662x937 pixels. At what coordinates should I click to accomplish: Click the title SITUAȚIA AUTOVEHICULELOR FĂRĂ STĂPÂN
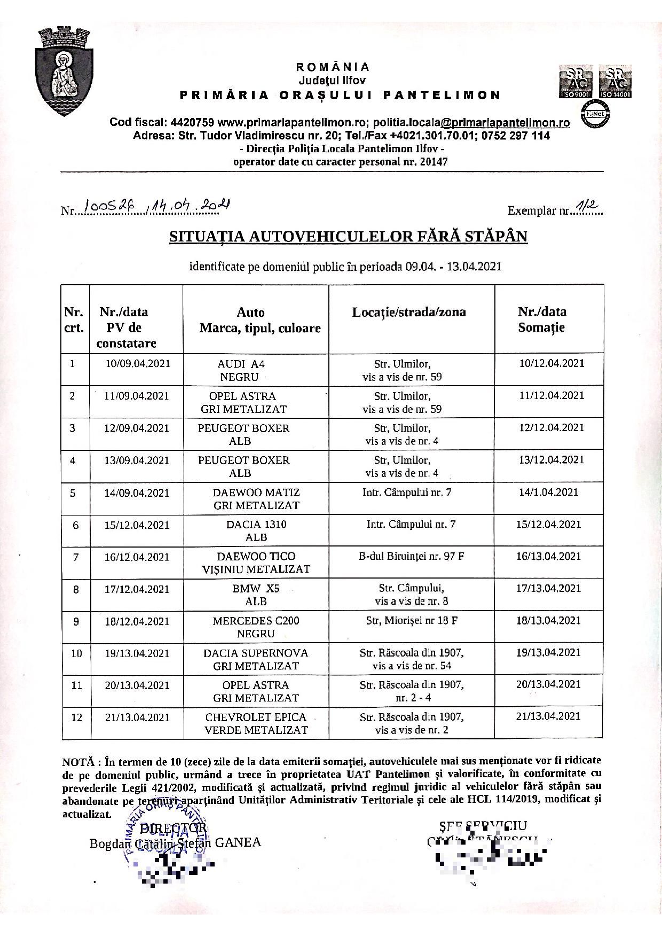click(x=348, y=237)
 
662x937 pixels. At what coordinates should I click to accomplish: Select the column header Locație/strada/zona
click(x=408, y=313)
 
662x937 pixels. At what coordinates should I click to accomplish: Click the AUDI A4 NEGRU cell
click(x=241, y=370)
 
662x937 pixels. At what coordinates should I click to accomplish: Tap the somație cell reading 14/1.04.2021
click(x=548, y=492)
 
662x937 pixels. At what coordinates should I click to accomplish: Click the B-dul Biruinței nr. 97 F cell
click(x=411, y=556)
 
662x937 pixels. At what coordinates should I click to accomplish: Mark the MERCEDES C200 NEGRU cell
click(x=256, y=627)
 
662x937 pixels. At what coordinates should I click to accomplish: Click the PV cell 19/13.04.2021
click(x=137, y=653)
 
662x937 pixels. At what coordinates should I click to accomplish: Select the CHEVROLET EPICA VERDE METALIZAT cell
click(x=256, y=723)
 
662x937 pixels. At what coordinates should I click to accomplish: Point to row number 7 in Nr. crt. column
click(x=76, y=557)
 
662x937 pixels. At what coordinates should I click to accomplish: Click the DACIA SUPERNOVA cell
click(x=256, y=659)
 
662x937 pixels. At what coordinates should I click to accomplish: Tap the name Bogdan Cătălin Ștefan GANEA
click(x=175, y=843)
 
